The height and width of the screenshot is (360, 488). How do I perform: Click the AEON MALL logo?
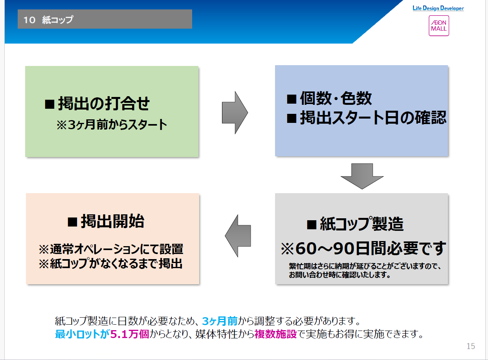point(438,26)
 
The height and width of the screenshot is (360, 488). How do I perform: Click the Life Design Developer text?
point(438,8)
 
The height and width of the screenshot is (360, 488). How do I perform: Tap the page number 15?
point(470,346)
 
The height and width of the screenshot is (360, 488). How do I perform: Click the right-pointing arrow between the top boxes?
point(235,112)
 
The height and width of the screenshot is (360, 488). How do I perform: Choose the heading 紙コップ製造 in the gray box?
point(355,224)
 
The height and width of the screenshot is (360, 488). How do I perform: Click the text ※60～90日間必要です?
point(363,248)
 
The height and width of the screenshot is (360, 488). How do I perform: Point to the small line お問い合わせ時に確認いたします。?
point(339,275)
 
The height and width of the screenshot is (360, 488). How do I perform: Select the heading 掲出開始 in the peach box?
point(106,221)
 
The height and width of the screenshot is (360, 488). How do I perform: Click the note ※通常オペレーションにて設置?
point(111,249)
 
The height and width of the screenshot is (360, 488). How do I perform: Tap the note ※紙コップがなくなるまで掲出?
point(110,264)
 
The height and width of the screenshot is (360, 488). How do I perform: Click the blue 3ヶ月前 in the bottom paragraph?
point(220,321)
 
